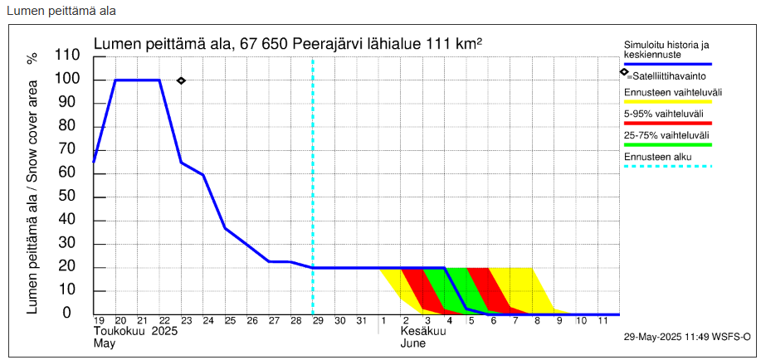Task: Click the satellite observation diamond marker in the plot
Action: (182, 80)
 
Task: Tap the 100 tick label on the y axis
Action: (67, 80)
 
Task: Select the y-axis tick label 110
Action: (67, 56)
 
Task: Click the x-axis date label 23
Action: (186, 321)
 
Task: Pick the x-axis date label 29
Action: (318, 321)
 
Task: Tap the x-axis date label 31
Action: (361, 321)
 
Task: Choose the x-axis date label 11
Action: (603, 321)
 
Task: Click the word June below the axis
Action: (413, 342)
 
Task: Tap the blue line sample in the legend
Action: (668, 64)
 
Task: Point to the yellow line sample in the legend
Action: (668, 101)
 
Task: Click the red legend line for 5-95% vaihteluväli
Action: (668, 123)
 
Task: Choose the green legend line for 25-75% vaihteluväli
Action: (668, 144)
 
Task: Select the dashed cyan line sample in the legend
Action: (668, 166)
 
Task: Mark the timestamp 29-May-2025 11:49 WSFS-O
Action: (687, 338)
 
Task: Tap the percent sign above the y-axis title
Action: (32, 58)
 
